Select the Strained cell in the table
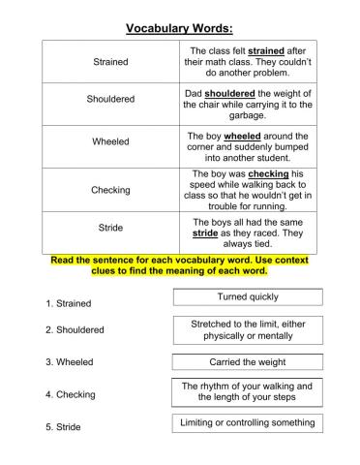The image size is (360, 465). (109, 61)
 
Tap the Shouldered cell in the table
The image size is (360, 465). (109, 99)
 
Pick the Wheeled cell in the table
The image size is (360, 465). (109, 141)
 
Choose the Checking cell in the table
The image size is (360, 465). (109, 190)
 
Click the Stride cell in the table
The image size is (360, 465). (109, 228)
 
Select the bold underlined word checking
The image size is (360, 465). (268, 174)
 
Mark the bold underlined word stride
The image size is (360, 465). (205, 233)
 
